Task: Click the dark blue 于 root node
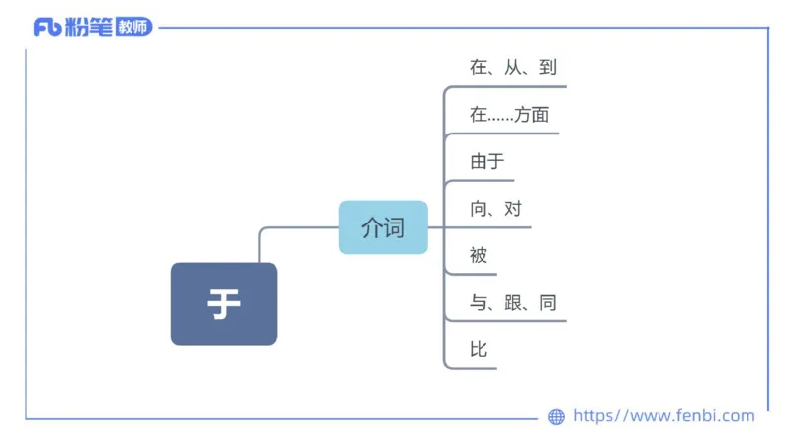223,304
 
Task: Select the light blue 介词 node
383,227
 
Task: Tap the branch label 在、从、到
513,68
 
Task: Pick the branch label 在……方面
509,115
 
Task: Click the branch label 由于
487,162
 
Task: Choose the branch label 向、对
496,209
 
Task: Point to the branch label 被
480,255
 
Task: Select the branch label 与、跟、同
513,302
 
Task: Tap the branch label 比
480,349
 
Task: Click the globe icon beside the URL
556,417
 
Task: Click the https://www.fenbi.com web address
663,416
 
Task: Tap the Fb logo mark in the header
46,28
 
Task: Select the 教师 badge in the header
133,28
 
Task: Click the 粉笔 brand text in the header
88,28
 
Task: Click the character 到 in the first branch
549,68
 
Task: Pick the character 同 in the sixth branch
548,302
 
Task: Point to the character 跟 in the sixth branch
513,302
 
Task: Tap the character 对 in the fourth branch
513,209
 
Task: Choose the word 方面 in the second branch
531,115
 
